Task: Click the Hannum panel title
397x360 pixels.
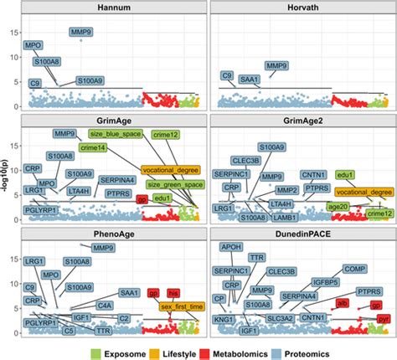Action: (114, 7)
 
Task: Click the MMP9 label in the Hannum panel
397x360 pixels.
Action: (81, 33)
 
